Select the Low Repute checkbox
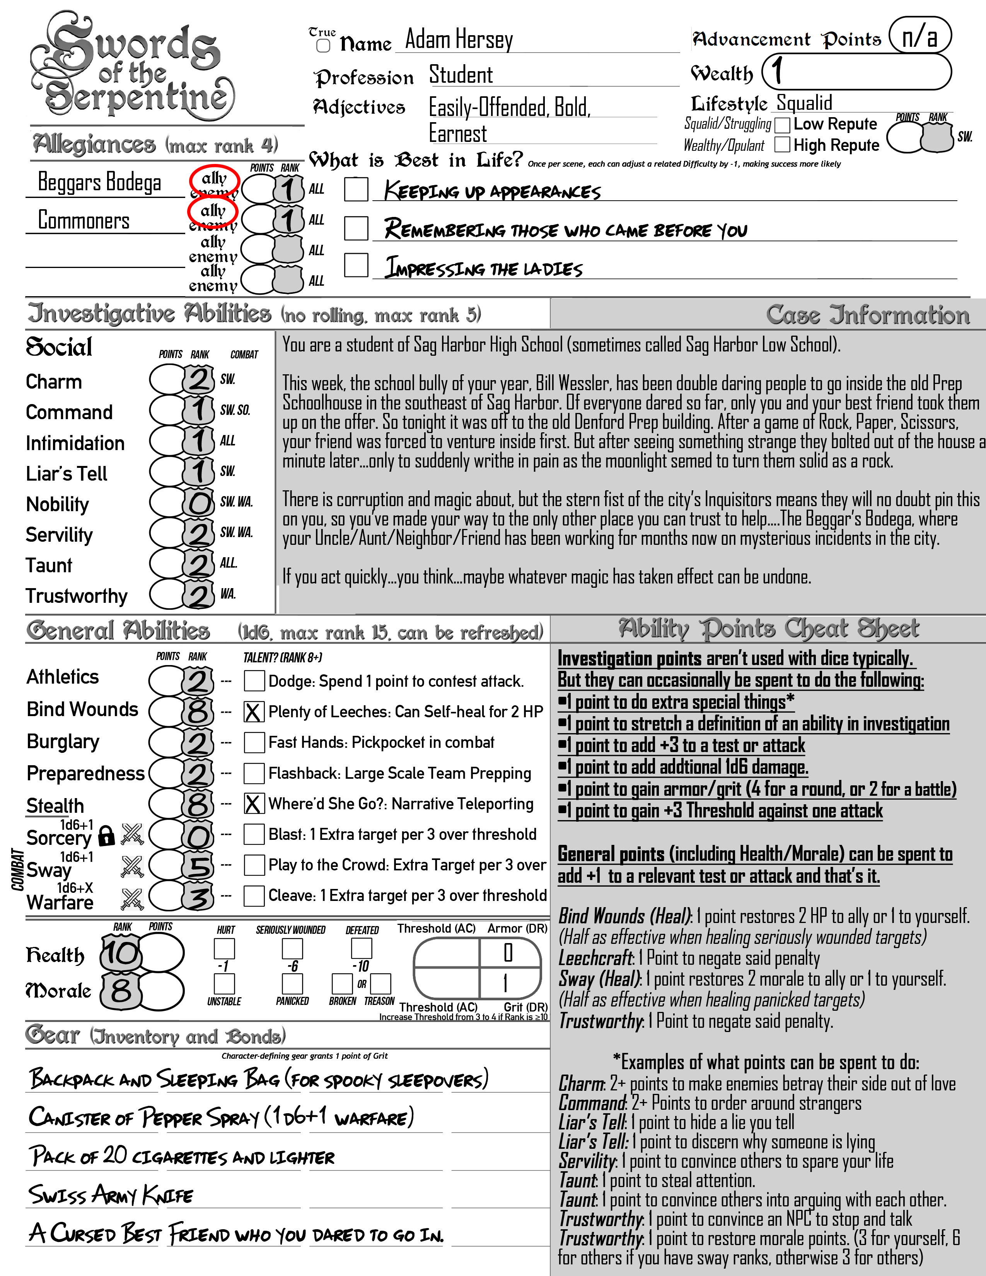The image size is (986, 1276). point(782,125)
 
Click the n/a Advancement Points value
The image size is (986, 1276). point(919,36)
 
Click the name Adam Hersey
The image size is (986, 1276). point(459,40)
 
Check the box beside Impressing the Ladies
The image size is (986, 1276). point(356,265)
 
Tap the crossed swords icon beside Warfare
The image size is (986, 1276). point(132,899)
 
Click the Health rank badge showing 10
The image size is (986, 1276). point(121,953)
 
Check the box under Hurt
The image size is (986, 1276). point(224,948)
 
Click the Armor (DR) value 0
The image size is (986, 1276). point(508,953)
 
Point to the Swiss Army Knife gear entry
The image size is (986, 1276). point(111,1195)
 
